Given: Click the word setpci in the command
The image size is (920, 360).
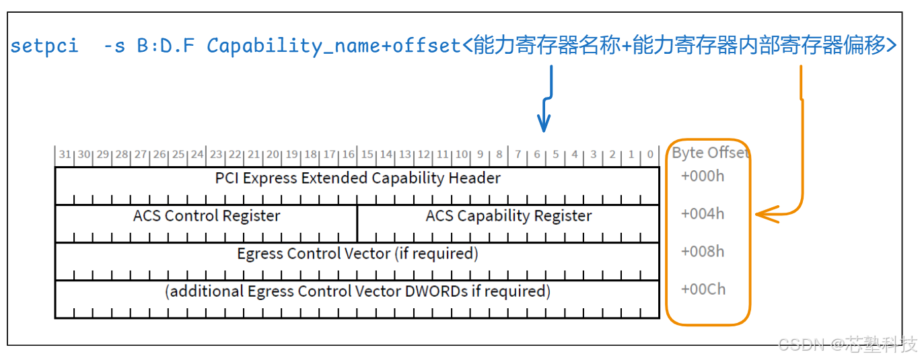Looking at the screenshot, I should (x=44, y=46).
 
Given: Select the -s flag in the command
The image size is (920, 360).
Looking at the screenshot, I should (x=114, y=46).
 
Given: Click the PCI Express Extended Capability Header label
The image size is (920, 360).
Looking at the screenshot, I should (x=357, y=178).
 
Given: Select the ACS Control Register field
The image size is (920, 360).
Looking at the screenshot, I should (x=207, y=216).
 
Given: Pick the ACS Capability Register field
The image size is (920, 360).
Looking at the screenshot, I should (x=508, y=216).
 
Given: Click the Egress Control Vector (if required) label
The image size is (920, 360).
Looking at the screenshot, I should (x=357, y=254).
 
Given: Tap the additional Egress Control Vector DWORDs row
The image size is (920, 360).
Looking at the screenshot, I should (x=357, y=291).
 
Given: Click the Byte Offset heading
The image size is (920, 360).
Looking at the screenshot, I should (x=709, y=153).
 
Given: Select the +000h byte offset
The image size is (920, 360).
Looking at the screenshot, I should (x=703, y=176).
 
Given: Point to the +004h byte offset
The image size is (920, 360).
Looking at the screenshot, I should (x=703, y=214).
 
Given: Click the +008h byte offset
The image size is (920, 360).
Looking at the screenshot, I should (x=703, y=252).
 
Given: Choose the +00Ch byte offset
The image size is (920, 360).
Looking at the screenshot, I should (x=703, y=289).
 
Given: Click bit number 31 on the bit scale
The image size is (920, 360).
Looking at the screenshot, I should (x=65, y=155).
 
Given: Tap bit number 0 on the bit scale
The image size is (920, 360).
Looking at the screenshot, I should (x=650, y=155).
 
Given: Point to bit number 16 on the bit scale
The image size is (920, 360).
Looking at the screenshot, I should (x=348, y=155).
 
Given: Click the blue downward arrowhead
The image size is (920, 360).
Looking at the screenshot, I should (x=544, y=124).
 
